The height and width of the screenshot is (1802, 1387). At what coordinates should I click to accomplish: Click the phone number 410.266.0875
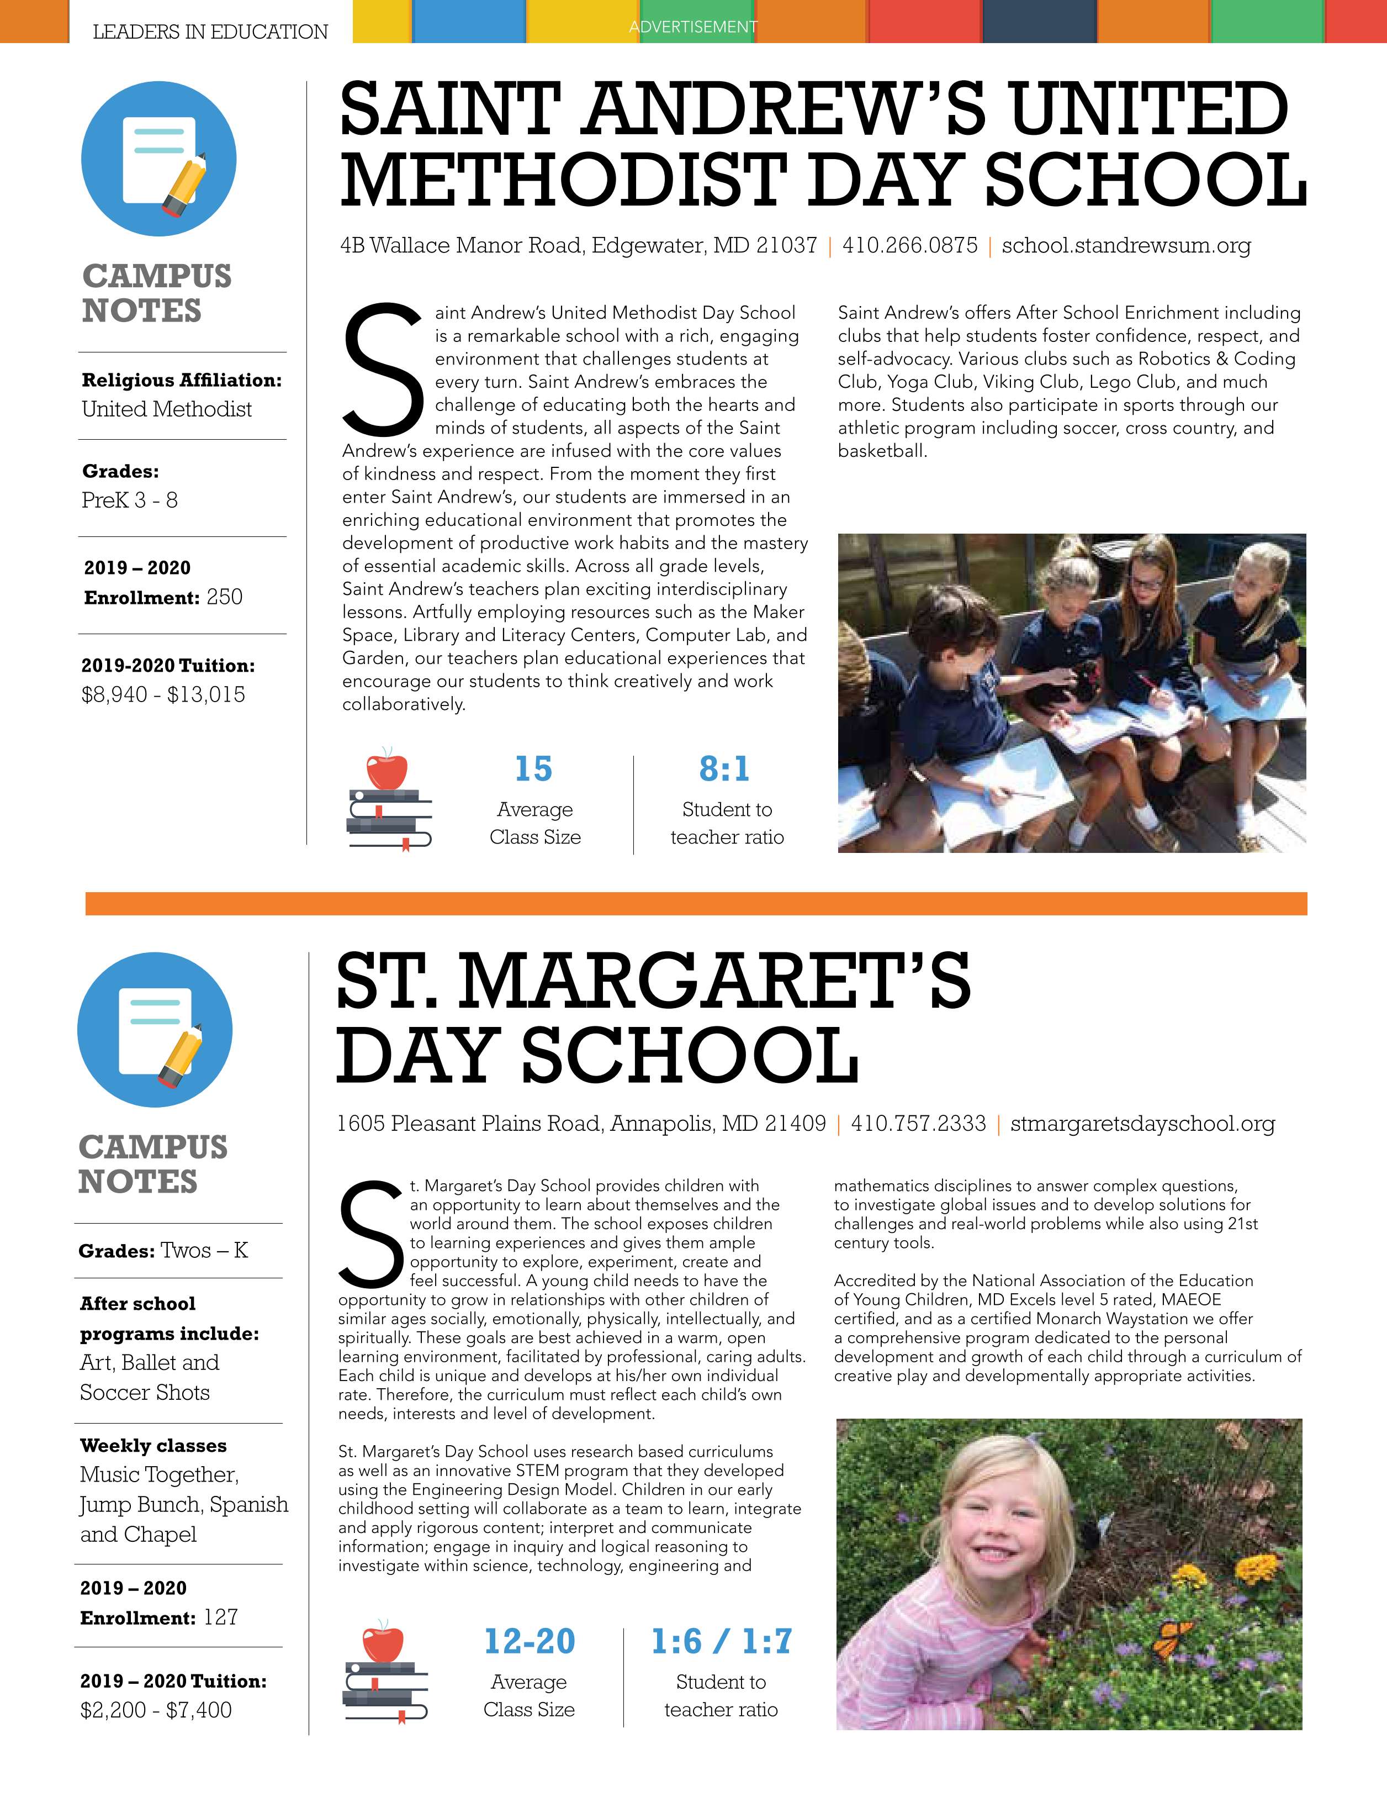(909, 245)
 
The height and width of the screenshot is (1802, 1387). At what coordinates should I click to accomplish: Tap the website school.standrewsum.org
(1126, 245)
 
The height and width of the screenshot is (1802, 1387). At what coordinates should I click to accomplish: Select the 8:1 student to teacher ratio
(725, 769)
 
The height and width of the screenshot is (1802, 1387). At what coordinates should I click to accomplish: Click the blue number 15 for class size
(533, 769)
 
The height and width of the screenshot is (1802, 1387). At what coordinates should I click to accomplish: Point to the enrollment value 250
(224, 597)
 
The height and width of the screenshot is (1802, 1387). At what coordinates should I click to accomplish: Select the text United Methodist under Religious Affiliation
(167, 409)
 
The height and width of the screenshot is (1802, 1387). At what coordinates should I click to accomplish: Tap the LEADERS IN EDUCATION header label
(210, 32)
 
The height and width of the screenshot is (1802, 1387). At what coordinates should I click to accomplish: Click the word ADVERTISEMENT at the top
(693, 27)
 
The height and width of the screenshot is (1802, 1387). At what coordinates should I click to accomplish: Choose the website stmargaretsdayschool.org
(1142, 1123)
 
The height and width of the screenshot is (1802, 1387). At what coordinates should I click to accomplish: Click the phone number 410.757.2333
(918, 1123)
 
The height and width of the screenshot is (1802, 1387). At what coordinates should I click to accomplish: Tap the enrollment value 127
(221, 1617)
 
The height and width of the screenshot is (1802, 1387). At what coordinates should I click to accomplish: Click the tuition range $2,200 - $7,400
(156, 1710)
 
